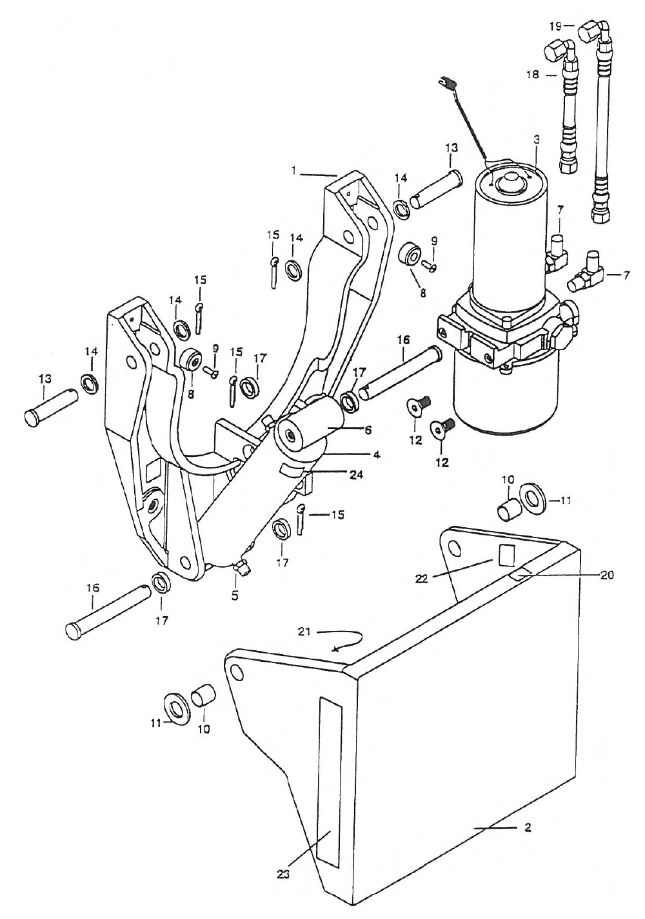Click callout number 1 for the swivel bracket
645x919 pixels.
[293, 171]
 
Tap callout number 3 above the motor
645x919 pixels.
[537, 139]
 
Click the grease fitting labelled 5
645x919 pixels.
[241, 566]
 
